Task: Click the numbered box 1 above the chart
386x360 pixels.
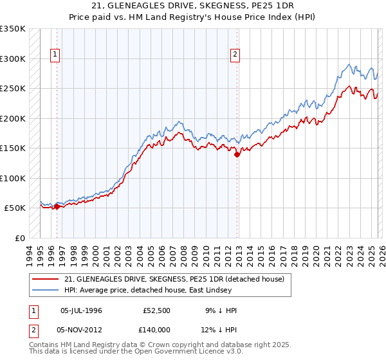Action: tap(56, 55)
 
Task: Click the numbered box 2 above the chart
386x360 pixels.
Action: tap(235, 55)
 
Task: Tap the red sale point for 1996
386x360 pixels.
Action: tap(57, 206)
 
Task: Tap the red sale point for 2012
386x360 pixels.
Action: tap(237, 154)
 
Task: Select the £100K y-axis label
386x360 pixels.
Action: tap(13, 178)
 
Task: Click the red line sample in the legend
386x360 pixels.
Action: tap(45, 279)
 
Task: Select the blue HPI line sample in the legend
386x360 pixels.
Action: tap(45, 290)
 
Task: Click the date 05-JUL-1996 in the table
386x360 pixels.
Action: tap(81, 310)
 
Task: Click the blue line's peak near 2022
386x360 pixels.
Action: tap(349, 64)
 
